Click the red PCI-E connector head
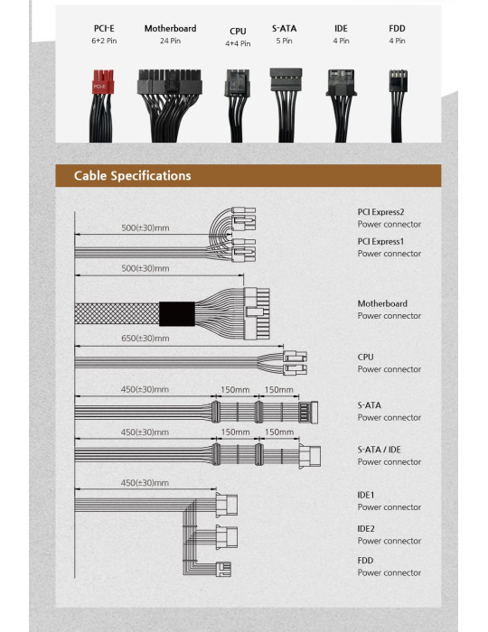[103, 82]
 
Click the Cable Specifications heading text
[132, 176]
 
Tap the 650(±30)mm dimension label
[145, 339]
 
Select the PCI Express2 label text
[380, 212]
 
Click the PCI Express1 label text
[380, 241]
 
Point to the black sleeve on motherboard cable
[177, 314]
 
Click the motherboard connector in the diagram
[257, 313]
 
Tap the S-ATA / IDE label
[380, 450]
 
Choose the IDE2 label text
[366, 529]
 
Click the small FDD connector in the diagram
[223, 569]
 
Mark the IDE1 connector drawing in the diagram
[226, 505]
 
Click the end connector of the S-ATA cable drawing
[308, 413]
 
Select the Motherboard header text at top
[170, 29]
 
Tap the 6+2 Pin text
[104, 41]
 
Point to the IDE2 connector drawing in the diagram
[226, 537]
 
